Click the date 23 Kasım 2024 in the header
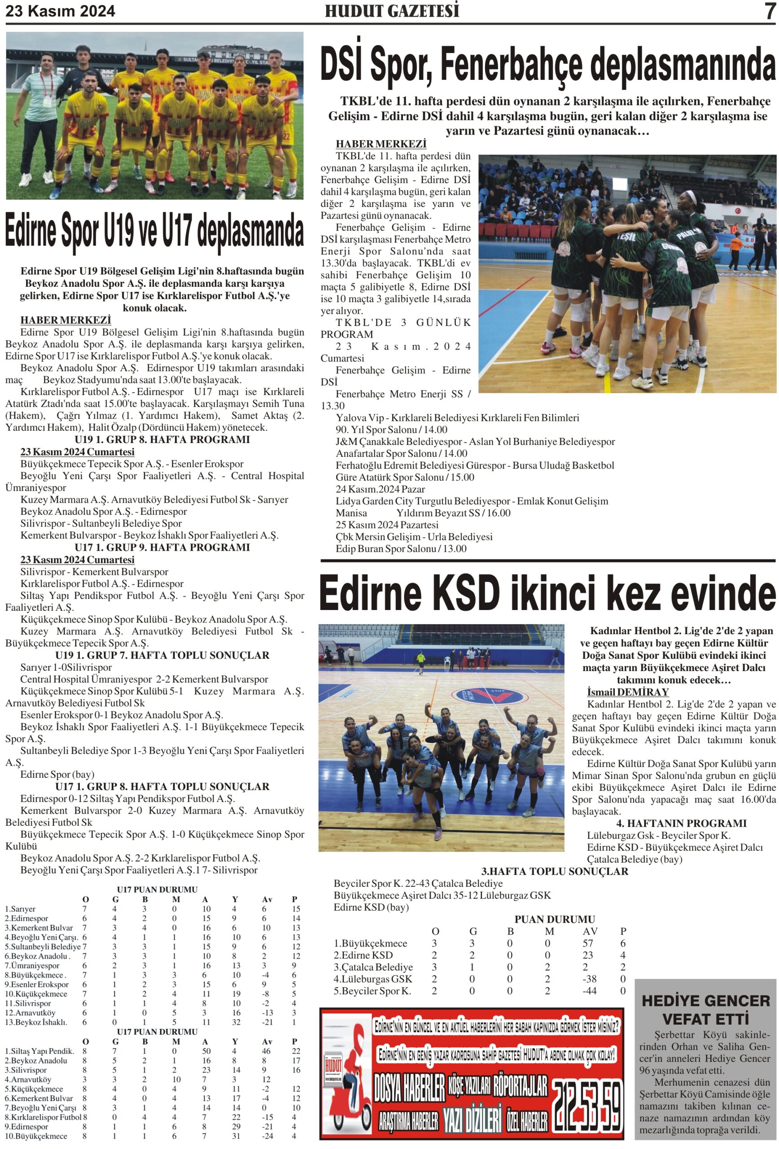[x=60, y=11]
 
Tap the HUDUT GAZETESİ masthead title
[x=391, y=11]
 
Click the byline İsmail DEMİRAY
[x=627, y=692]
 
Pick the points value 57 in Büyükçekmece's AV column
[x=587, y=943]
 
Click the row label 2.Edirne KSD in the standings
[x=363, y=955]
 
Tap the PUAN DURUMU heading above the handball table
[x=554, y=919]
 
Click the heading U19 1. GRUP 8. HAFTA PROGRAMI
[x=162, y=439]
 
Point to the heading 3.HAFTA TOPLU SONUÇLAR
[x=554, y=871]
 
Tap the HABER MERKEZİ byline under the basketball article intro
[x=381, y=144]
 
